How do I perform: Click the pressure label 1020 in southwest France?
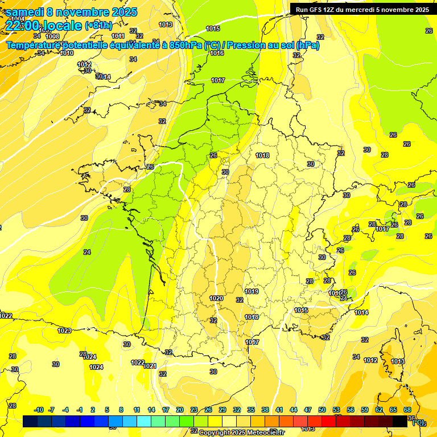tap(216, 298)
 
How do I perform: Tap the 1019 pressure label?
tap(252, 292)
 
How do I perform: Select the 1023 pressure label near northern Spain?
tap(64, 331)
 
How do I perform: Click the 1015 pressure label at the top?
tap(213, 28)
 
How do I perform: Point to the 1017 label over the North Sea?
tap(218, 80)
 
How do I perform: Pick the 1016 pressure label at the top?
tap(216, 53)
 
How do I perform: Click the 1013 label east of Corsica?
tap(398, 361)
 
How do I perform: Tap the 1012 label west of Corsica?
tap(370, 360)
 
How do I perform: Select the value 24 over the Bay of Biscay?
tap(87, 252)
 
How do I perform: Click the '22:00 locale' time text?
tap(44, 25)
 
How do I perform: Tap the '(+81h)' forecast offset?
tap(98, 26)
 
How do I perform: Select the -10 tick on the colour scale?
tap(39, 410)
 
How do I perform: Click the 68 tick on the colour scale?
tap(407, 410)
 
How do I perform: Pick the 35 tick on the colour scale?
tap(251, 410)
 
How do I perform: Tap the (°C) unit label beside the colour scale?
tap(418, 422)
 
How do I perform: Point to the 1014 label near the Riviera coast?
tap(361, 312)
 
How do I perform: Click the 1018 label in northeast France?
tap(262, 155)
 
